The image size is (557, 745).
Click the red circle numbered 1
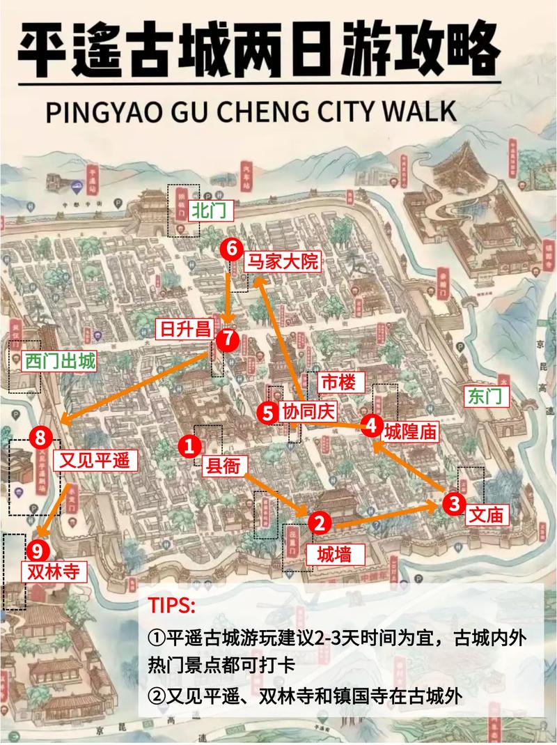click(x=189, y=447)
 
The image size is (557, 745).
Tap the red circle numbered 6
click(x=232, y=249)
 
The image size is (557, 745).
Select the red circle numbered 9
click(x=38, y=551)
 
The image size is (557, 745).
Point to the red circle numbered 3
click(x=454, y=502)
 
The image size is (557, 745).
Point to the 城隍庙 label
click(x=411, y=431)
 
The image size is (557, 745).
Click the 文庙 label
click(x=485, y=514)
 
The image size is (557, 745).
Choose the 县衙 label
click(x=224, y=466)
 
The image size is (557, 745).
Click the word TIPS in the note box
click(x=171, y=604)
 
